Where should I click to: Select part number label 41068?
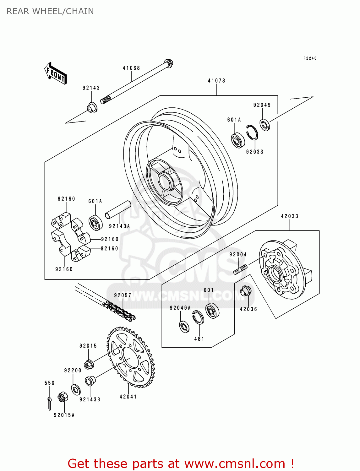tap(131, 68)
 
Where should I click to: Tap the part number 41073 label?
tap(216, 81)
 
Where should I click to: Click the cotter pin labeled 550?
tap(49, 403)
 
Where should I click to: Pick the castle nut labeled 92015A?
tap(63, 397)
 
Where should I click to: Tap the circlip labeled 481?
tap(198, 317)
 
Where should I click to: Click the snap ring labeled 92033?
tap(252, 132)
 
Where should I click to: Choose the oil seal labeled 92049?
tap(265, 125)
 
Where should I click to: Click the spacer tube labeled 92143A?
tap(118, 210)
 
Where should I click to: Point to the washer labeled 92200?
tap(76, 390)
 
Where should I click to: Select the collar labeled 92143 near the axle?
tap(92, 108)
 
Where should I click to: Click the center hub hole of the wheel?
tap(165, 182)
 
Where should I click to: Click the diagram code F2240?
tap(310, 58)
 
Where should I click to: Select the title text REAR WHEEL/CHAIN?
tap(50, 11)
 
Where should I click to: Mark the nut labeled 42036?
tap(245, 291)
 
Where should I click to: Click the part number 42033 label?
tap(289, 216)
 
